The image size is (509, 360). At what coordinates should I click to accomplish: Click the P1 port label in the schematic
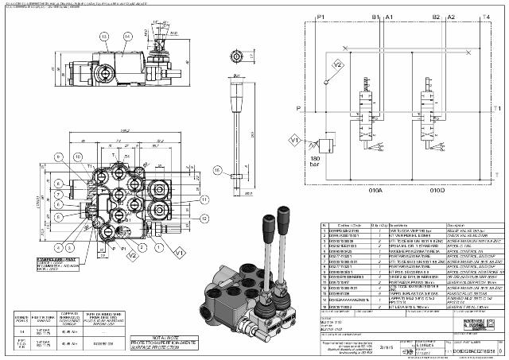tap(321, 16)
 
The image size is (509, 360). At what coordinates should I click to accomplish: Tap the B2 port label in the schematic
tap(436, 16)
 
